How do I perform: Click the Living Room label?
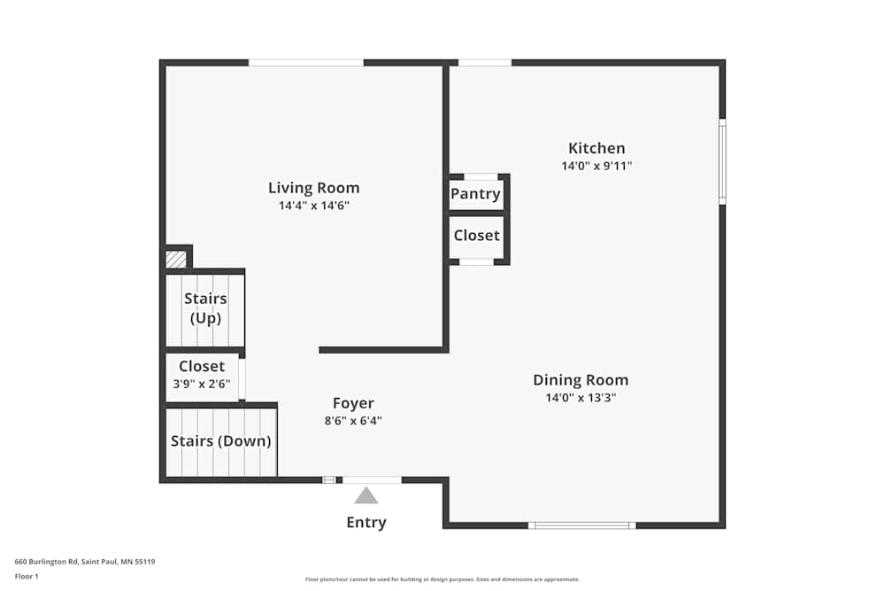(x=313, y=188)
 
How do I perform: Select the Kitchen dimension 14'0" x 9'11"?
(x=596, y=166)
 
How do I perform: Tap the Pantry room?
(x=475, y=194)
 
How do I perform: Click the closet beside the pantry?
(x=476, y=236)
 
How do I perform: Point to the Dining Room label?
(x=580, y=380)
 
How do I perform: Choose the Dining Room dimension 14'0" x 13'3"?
(x=580, y=398)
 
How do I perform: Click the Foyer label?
(x=353, y=403)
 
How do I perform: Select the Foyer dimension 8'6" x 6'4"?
(x=353, y=421)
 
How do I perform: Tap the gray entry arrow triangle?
(x=366, y=496)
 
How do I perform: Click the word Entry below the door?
(x=366, y=523)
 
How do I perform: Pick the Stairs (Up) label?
(x=205, y=308)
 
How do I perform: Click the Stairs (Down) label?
(x=220, y=441)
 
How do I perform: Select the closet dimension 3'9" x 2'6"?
(x=201, y=384)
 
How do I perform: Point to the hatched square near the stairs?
(x=176, y=259)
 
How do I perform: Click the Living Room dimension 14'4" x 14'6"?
(x=313, y=206)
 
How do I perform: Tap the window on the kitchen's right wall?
(x=722, y=161)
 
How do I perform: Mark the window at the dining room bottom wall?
(x=581, y=525)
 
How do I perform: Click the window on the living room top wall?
(x=305, y=62)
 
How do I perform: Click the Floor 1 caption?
(x=27, y=576)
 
